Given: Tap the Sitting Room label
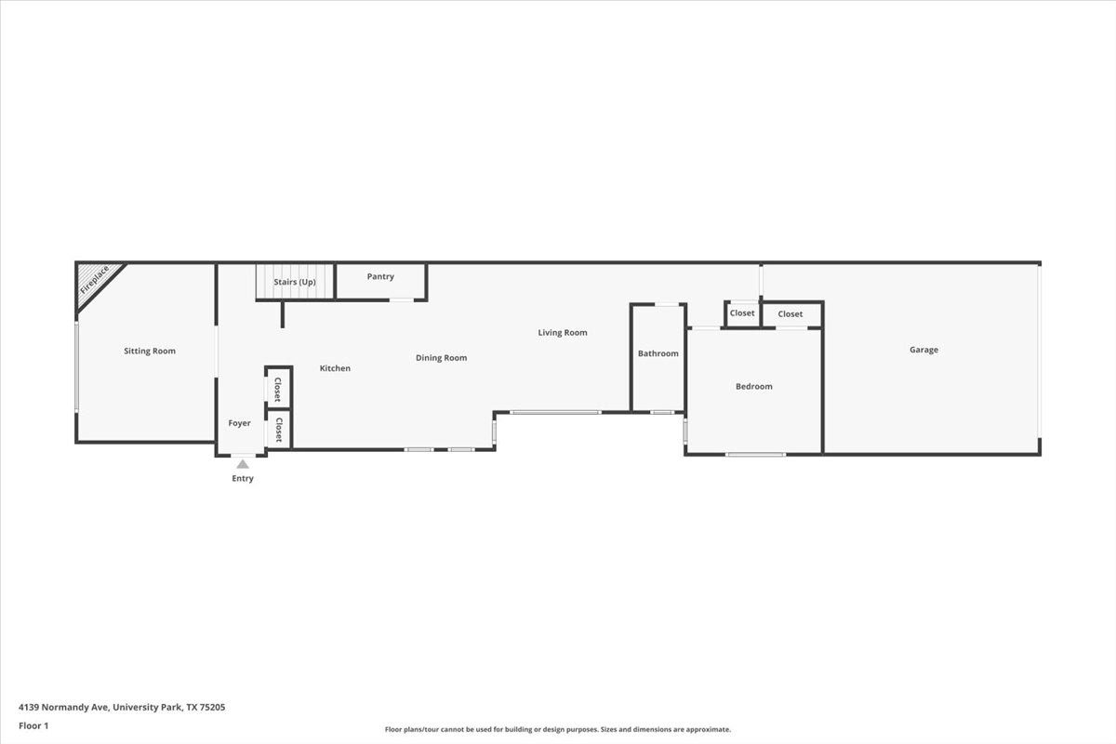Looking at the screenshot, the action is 150,351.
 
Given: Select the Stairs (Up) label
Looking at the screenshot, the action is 295,282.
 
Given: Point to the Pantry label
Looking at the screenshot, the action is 380,276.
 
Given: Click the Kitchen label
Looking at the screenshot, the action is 335,368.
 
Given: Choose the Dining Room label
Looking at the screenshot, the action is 442,358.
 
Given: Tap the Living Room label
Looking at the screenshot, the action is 563,332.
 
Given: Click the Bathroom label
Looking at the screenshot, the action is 658,353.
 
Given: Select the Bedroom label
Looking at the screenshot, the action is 754,386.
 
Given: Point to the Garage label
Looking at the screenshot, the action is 923,350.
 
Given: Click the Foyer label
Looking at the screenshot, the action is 239,423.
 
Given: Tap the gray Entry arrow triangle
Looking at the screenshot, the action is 243,464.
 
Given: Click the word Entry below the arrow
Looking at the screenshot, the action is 243,478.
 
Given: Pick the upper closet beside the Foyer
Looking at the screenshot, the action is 278,389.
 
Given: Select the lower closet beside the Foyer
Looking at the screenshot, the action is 278,430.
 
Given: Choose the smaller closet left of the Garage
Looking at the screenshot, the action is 742,313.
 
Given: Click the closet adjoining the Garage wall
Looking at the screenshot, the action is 790,314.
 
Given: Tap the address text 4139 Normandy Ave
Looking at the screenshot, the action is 64,707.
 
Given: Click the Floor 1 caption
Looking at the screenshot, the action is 33,725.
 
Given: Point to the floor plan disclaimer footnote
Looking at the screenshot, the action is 557,729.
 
